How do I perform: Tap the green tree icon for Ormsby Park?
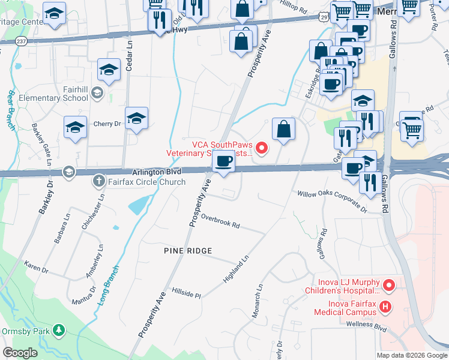pos(58,329)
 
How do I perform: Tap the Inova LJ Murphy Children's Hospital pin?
pos(388,285)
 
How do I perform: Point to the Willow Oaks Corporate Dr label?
pos(332,202)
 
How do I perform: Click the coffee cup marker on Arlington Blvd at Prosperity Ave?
pos(224,161)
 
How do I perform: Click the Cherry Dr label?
pos(107,124)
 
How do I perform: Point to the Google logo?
pos(20,353)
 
